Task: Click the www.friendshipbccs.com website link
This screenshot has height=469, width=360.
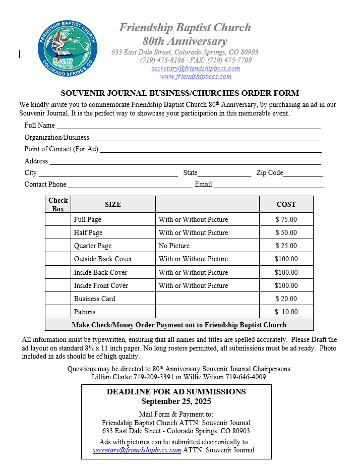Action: pyautogui.click(x=196, y=77)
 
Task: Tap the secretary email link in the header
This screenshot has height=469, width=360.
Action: pyautogui.click(x=196, y=69)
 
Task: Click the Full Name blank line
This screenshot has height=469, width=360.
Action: pyautogui.click(x=188, y=126)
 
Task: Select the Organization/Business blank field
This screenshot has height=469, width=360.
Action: pyautogui.click(x=205, y=138)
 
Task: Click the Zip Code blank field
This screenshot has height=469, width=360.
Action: pyautogui.click(x=303, y=173)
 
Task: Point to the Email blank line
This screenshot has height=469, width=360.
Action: pyautogui.click(x=269, y=185)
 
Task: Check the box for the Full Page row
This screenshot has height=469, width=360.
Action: pyautogui.click(x=58, y=219)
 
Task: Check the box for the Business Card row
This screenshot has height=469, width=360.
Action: pyautogui.click(x=58, y=299)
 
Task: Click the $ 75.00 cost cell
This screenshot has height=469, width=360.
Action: pyautogui.click(x=286, y=219)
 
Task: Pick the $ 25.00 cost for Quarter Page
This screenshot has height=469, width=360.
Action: pyautogui.click(x=286, y=246)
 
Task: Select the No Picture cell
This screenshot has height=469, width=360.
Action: pyautogui.click(x=174, y=246)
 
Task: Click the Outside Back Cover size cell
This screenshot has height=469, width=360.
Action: pyautogui.click(x=103, y=259)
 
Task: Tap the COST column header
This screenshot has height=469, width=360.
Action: pyautogui.click(x=286, y=204)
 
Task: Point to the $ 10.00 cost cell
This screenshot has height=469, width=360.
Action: pyautogui.click(x=286, y=312)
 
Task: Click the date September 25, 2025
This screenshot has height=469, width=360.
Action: pyautogui.click(x=176, y=401)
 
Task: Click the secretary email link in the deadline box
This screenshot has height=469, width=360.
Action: pyautogui.click(x=137, y=450)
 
